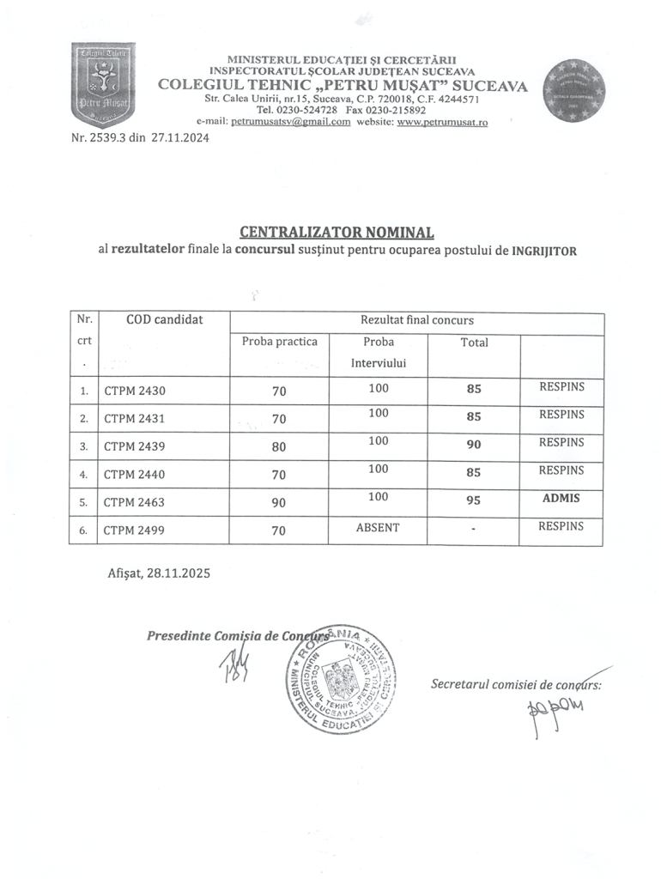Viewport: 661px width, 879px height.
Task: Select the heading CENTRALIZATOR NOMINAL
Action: (337, 232)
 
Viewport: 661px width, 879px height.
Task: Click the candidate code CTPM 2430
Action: (134, 391)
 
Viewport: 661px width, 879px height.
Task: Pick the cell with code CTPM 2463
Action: (134, 503)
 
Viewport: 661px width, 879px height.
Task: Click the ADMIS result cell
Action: (561, 498)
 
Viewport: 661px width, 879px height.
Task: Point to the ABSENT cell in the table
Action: (378, 527)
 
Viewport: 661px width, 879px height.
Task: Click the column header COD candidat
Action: (164, 319)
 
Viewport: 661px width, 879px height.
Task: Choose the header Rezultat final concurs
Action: (416, 319)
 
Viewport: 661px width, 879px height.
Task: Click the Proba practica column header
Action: (279, 342)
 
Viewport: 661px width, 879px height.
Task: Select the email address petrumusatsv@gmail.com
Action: (291, 122)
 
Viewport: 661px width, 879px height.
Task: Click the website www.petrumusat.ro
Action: (443, 122)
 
